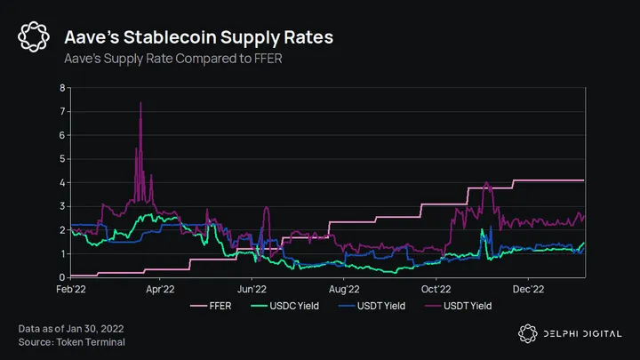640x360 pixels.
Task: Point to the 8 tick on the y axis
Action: pos(60,88)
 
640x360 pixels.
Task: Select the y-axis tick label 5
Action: pos(60,159)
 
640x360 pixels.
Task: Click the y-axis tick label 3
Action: pos(60,206)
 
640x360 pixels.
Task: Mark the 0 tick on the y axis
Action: pos(60,277)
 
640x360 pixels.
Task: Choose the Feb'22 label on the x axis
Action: pos(71,288)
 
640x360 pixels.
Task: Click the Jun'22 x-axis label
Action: pos(253,288)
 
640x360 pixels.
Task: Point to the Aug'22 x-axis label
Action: pos(344,288)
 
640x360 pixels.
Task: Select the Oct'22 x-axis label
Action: pos(436,288)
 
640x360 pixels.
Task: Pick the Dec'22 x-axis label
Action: pos(528,288)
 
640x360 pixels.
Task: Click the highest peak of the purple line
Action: pos(140,104)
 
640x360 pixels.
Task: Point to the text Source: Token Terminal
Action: pos(72,341)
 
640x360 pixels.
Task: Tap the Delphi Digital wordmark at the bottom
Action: pos(581,333)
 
